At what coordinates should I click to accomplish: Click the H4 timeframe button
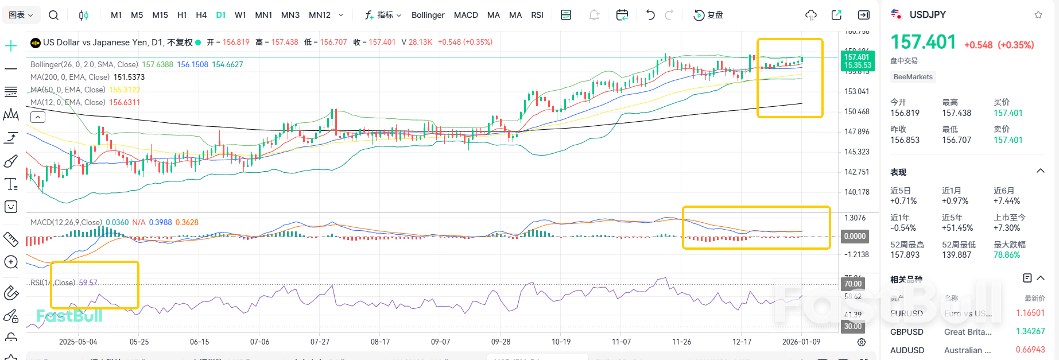(x=201, y=15)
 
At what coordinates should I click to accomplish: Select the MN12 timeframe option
(x=320, y=15)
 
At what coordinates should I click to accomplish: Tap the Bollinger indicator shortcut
(x=428, y=15)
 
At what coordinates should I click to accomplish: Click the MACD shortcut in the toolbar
(x=466, y=15)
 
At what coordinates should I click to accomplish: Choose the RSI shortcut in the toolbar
(x=537, y=15)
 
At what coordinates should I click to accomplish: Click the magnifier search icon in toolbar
(x=53, y=15)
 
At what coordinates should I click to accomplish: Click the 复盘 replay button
(x=709, y=15)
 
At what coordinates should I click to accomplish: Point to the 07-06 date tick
(x=259, y=342)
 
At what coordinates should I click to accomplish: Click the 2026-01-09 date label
(x=801, y=342)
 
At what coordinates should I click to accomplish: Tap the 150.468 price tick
(x=856, y=111)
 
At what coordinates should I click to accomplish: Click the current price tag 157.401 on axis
(x=857, y=57)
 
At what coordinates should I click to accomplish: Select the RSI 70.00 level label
(x=852, y=284)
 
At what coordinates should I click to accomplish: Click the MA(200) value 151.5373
(x=129, y=77)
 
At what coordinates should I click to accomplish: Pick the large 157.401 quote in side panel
(x=923, y=42)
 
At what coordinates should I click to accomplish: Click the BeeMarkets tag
(x=913, y=77)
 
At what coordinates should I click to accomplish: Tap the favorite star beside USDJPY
(x=1038, y=15)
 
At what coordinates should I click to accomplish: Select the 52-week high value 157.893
(x=905, y=255)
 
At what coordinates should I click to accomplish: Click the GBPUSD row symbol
(x=906, y=332)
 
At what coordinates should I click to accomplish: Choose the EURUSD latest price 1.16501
(x=1030, y=313)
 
